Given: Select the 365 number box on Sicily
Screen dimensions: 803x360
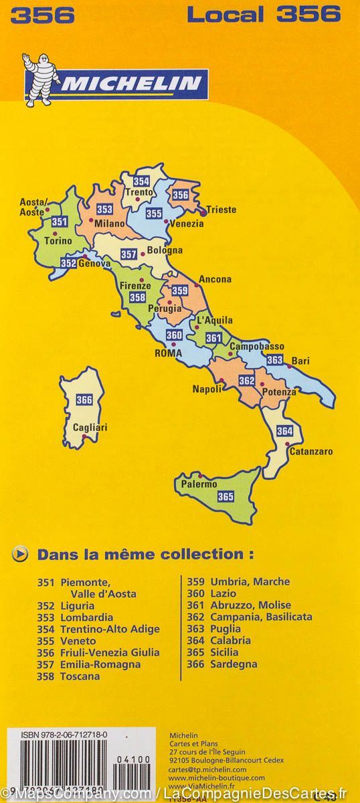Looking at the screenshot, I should [x=226, y=496].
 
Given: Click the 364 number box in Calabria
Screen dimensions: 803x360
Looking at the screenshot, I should [x=284, y=430].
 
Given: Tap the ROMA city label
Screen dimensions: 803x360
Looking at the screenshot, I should [x=168, y=353].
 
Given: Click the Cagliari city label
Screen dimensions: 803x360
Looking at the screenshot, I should [x=90, y=427].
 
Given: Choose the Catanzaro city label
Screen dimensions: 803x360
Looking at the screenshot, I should [x=310, y=452].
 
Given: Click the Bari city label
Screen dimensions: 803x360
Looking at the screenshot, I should [x=300, y=361].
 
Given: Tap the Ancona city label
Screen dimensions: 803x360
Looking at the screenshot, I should [x=215, y=279].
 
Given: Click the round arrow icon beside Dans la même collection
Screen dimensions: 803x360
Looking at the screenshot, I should [x=21, y=553].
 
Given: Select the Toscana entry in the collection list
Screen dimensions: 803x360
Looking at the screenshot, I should [x=80, y=676].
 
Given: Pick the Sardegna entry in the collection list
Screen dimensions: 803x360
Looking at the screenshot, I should [x=234, y=664].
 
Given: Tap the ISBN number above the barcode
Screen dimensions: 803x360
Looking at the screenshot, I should [x=54, y=735].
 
